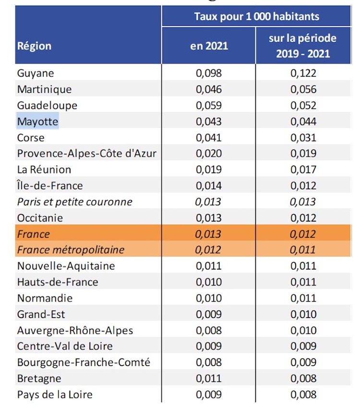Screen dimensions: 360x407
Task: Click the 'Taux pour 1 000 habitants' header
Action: [256, 17]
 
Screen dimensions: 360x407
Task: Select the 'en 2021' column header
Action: [209, 46]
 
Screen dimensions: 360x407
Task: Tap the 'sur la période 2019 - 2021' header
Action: [303, 46]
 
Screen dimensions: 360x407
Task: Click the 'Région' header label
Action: [34, 46]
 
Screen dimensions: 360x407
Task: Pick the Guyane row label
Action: [36, 74]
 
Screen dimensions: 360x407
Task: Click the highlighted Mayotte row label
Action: [37, 122]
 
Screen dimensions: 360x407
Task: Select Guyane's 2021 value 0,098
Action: [209, 73]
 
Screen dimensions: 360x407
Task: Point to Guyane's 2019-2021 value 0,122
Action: [303, 73]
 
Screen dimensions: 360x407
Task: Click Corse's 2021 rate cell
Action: [209, 137]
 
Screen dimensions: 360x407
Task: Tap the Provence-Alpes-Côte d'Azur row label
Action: [86, 153]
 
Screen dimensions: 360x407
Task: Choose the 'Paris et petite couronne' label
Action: [75, 202]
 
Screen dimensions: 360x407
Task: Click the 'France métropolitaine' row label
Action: [71, 250]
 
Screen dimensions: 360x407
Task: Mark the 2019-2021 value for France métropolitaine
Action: [303, 250]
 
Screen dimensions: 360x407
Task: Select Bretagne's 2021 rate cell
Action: [209, 379]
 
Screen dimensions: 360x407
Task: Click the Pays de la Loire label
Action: [55, 395]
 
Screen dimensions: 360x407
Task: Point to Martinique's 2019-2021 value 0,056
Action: [303, 89]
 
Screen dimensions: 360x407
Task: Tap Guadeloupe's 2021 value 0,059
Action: [209, 105]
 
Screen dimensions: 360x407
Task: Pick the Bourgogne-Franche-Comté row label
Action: [84, 362]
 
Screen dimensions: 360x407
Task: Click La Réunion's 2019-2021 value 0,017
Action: [303, 170]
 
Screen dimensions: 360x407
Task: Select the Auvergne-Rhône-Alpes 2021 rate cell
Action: [209, 331]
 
